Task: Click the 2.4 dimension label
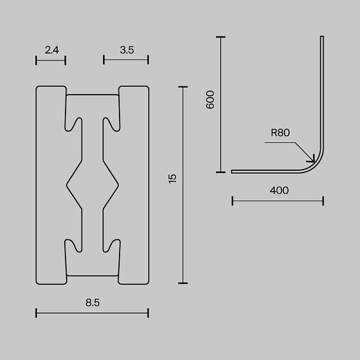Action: click(x=52, y=50)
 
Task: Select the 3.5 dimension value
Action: click(x=127, y=50)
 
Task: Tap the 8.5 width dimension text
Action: click(x=93, y=303)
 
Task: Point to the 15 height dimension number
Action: click(x=173, y=179)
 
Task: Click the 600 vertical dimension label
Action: click(x=210, y=99)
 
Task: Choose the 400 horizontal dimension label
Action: click(x=279, y=190)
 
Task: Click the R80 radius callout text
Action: click(x=280, y=133)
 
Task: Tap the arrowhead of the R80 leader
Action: click(x=313, y=160)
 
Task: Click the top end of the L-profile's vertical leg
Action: click(x=322, y=36)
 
